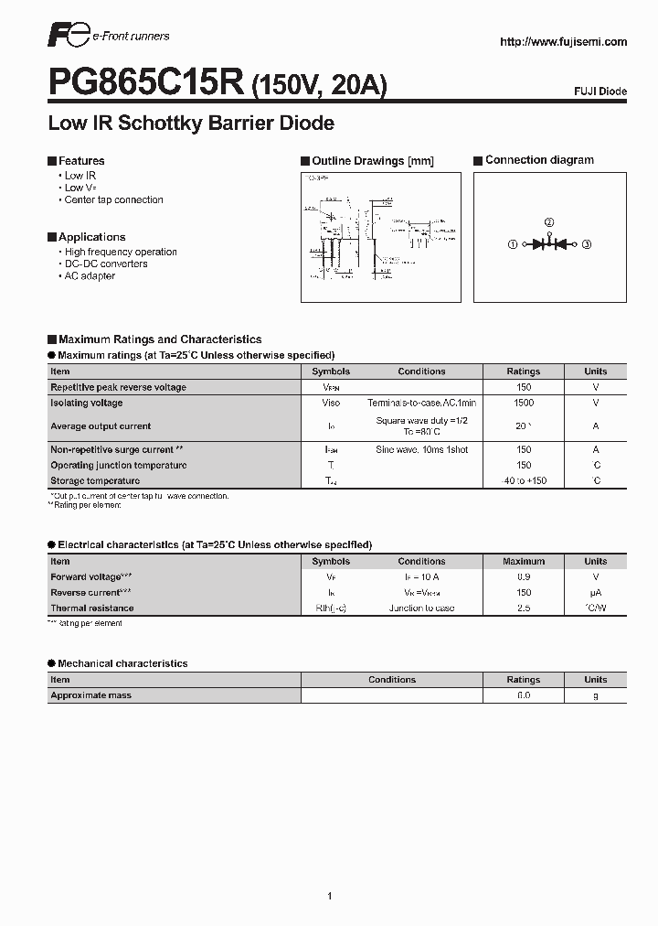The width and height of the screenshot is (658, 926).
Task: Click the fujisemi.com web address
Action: tap(564, 42)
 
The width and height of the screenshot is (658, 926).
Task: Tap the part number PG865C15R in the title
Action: tap(145, 85)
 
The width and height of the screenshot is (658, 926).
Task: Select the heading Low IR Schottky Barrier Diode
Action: tap(191, 123)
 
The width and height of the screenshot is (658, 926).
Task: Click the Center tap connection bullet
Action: tap(113, 199)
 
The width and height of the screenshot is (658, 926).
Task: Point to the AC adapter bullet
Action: tap(90, 275)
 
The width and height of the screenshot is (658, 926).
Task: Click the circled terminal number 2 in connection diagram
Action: tap(549, 222)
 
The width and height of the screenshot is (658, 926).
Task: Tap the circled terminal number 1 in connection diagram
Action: tap(513, 244)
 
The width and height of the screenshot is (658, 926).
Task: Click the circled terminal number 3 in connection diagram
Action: tap(587, 244)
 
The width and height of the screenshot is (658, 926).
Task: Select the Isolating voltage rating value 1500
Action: tap(523, 403)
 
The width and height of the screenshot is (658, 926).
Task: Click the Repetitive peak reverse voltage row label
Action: tap(118, 387)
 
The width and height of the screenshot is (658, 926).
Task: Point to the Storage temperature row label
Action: tap(95, 480)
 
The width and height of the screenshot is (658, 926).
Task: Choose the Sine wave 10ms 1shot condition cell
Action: tap(421, 449)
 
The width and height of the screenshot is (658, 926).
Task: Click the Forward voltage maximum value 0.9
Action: tap(523, 577)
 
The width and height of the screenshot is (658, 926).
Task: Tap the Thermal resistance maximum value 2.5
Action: tap(523, 608)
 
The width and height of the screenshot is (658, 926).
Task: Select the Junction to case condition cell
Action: tap(421, 608)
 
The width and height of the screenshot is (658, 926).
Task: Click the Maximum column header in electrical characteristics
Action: tap(523, 562)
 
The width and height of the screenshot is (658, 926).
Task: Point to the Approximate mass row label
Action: tap(90, 695)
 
